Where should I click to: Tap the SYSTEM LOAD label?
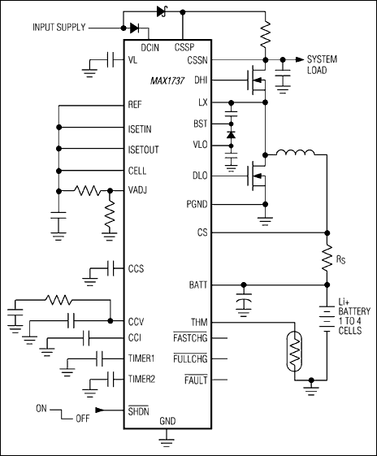pyautogui.click(x=324, y=65)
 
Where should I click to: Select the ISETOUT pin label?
pyautogui.click(x=145, y=150)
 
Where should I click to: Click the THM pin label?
pyautogui.click(x=197, y=322)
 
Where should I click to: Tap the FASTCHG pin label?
pyautogui.click(x=190, y=340)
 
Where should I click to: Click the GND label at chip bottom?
pyautogui.click(x=167, y=422)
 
